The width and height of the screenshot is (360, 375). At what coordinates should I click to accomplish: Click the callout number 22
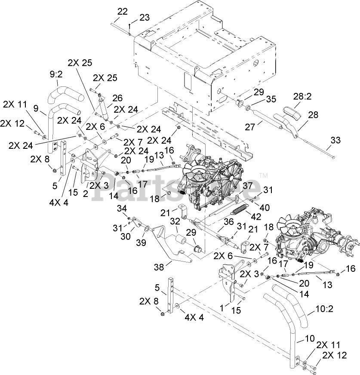[x=123, y=12]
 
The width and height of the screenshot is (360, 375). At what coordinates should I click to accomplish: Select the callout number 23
[x=144, y=18]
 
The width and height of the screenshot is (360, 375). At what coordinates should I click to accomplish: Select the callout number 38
[x=159, y=266]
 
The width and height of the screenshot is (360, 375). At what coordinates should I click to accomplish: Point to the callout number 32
[x=175, y=221]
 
